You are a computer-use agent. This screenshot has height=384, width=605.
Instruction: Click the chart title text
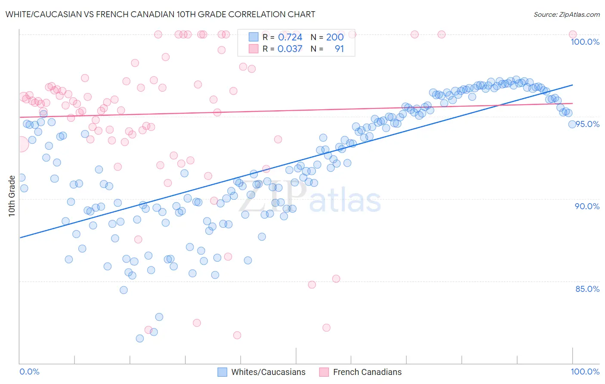[x=160, y=14]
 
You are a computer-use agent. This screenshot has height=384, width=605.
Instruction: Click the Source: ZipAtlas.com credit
[x=566, y=14]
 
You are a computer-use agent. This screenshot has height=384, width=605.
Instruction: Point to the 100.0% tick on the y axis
[x=585, y=42]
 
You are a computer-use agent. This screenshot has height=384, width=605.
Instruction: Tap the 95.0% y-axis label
[x=587, y=124]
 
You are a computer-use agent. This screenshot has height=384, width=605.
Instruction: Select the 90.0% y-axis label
[x=587, y=206]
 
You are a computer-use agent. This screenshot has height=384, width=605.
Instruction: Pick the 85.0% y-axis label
[x=587, y=289]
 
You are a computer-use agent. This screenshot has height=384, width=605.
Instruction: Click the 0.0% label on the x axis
[x=29, y=372]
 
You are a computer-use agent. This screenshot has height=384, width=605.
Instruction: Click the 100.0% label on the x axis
[x=585, y=372]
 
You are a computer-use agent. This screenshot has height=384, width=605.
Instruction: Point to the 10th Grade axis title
[x=12, y=196]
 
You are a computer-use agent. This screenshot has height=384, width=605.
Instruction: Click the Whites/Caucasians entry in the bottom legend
[x=268, y=372]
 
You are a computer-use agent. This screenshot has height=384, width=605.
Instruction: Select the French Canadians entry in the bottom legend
[x=367, y=372]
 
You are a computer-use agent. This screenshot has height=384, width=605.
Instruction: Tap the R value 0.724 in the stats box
[x=290, y=37]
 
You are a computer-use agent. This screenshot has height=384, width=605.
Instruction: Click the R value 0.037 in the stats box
[x=290, y=49]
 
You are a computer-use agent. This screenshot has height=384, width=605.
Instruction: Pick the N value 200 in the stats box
[x=335, y=37]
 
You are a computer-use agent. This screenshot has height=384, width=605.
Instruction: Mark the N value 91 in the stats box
[x=339, y=49]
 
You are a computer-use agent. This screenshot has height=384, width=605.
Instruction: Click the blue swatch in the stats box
[x=253, y=37]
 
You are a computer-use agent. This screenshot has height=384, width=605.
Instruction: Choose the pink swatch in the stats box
[x=253, y=49]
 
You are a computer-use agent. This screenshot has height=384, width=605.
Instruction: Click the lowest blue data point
[x=140, y=338]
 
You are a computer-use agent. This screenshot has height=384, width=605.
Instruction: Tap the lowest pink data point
[x=237, y=335]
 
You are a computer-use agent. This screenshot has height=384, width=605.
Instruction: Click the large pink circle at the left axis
[x=20, y=144]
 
